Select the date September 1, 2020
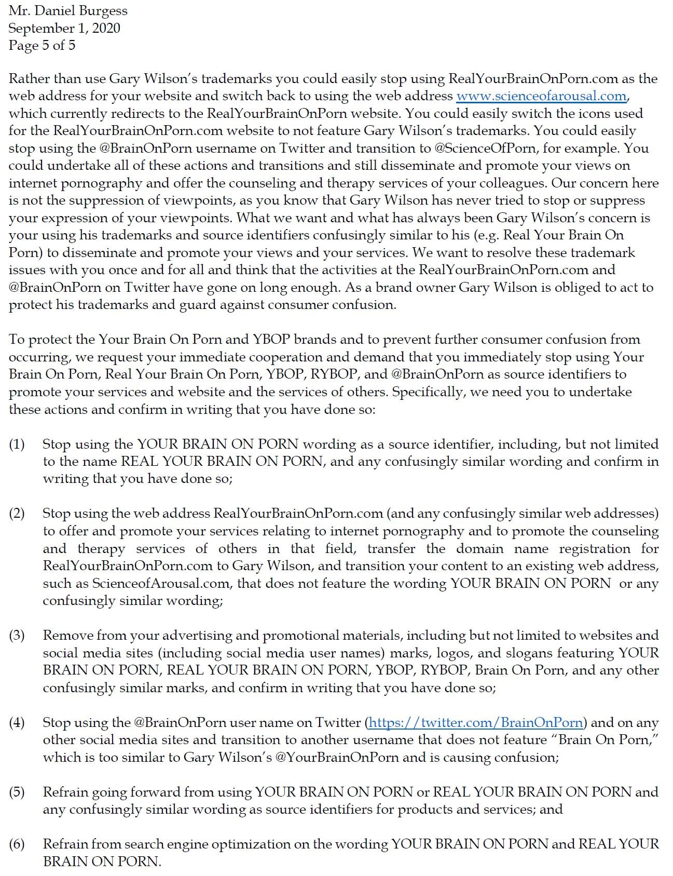[x=64, y=28]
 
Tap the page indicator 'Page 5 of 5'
[x=42, y=45]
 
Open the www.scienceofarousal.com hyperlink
[x=541, y=96]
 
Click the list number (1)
[x=17, y=444]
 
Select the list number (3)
[x=17, y=635]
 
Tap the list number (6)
[x=17, y=844]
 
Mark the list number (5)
[x=17, y=792]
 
